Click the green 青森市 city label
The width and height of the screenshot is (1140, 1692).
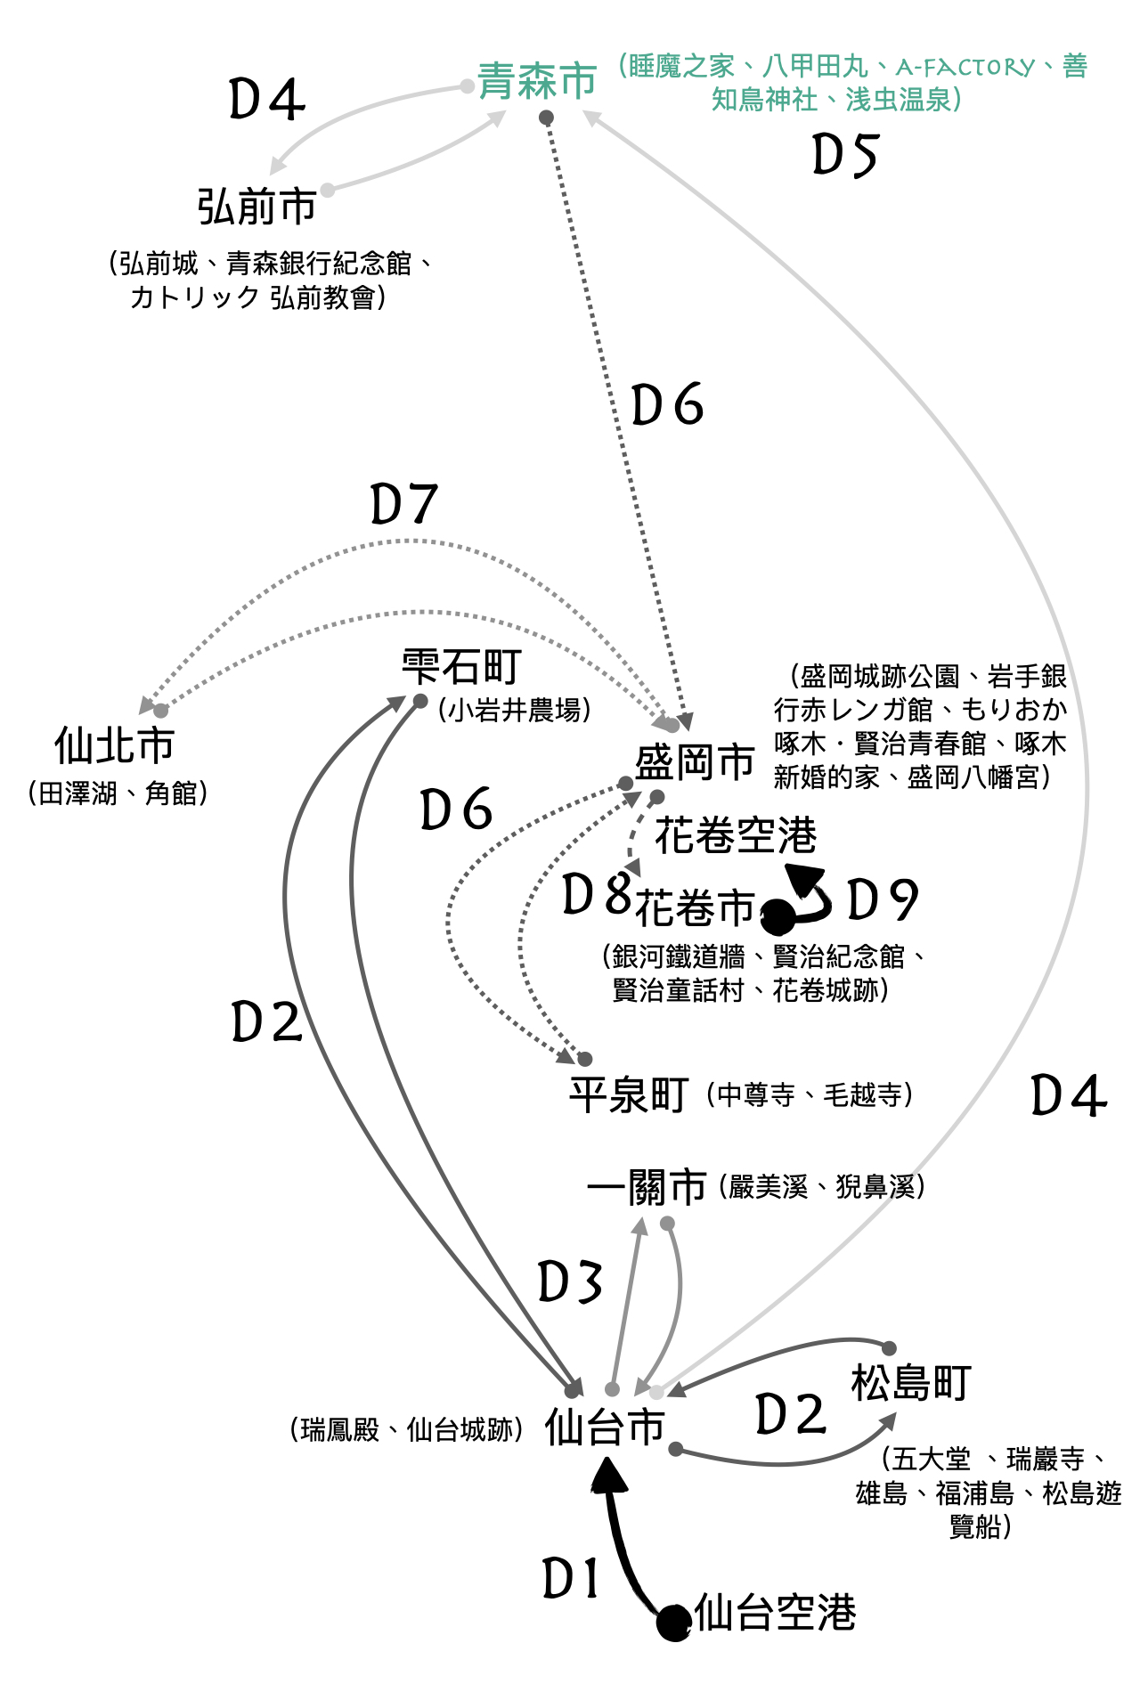coord(537,81)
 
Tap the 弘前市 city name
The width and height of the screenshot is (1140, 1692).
coord(256,207)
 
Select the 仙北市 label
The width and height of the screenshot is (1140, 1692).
coord(114,745)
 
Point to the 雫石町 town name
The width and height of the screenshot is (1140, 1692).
coord(460,666)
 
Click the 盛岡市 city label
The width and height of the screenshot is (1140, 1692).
coord(695,763)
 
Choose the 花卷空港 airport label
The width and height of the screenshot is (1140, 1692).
coord(736,835)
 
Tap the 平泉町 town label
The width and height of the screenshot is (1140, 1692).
coord(629,1094)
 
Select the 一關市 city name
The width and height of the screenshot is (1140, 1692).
coord(647,1187)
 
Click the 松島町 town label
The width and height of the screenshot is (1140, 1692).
coord(910,1383)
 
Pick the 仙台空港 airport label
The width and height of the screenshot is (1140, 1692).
coord(775,1613)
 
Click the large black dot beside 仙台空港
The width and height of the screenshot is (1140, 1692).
coord(674,1623)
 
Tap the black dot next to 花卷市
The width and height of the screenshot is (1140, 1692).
coord(777,916)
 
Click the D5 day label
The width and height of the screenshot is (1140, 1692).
coord(845,155)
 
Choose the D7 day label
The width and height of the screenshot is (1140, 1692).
coord(404,504)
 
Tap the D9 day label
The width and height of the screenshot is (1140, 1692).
coord(882,899)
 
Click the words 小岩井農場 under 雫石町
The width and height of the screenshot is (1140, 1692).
coord(515,710)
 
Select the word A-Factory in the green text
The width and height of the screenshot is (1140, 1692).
coord(965,67)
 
